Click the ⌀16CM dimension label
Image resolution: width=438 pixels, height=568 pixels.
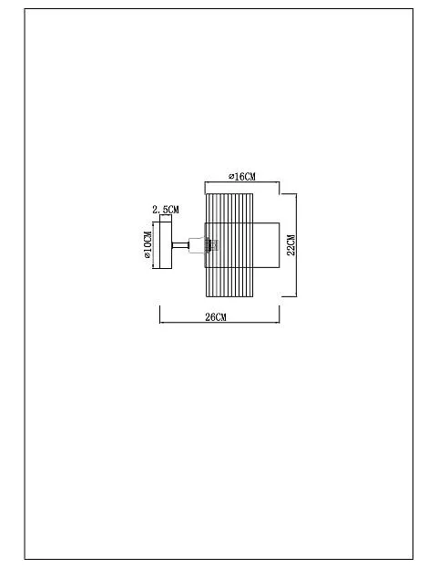pos(242,176)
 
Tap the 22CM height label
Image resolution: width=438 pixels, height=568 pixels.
pos(291,245)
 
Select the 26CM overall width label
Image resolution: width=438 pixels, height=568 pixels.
pos(216,317)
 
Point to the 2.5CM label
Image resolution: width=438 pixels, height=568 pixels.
pos(166,210)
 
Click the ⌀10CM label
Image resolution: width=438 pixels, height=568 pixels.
pos(148,244)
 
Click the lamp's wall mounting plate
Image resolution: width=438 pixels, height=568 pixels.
pos(166,245)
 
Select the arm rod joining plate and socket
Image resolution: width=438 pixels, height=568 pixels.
pos(180,245)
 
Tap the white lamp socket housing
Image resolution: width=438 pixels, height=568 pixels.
pos(197,245)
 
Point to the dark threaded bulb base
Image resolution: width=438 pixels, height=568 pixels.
pos(208,245)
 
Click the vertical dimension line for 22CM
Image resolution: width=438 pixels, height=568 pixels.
pos(296,245)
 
